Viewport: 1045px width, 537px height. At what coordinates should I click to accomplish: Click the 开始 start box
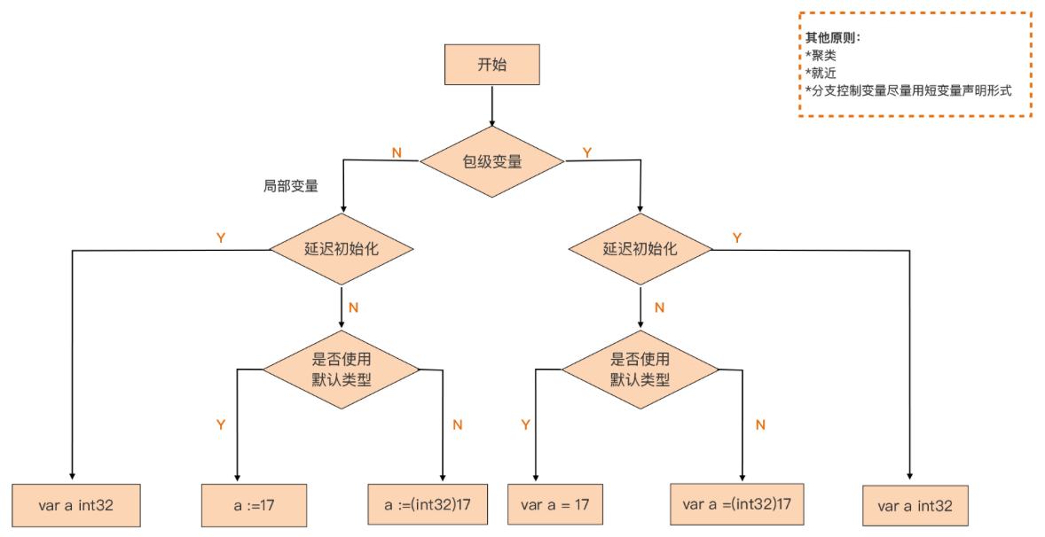pos(492,65)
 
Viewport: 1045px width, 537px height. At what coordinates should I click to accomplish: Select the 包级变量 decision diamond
pos(491,161)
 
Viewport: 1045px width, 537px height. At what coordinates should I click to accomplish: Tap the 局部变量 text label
pos(290,186)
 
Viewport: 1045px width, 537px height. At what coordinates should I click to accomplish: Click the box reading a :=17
pos(254,506)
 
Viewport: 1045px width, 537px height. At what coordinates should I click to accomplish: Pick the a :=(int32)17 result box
pos(428,504)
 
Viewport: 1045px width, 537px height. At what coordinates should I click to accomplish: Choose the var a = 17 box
pos(554,505)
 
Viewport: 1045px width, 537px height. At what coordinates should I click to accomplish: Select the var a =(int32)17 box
pos(736,504)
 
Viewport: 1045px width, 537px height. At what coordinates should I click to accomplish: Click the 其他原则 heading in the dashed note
pos(832,39)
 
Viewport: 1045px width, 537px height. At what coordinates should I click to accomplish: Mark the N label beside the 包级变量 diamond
pos(397,152)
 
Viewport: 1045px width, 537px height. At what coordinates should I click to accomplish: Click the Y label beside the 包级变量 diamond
pos(586,152)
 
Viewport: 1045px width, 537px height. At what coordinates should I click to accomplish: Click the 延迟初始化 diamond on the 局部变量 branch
pos(342,249)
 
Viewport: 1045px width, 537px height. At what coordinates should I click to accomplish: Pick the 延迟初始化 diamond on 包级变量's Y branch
pos(640,249)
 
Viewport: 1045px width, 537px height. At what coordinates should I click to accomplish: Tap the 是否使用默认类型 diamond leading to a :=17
pos(342,369)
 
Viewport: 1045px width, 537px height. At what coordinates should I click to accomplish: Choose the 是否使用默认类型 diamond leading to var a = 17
pos(640,369)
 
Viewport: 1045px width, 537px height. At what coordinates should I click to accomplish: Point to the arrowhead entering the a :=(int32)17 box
pos(443,478)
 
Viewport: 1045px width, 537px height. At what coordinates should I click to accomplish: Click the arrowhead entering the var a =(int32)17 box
pos(742,478)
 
